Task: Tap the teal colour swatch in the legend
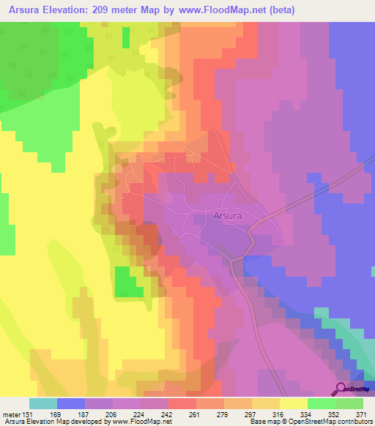coord(43,403)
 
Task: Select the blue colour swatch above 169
coord(71,403)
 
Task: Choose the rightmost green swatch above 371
coord(349,403)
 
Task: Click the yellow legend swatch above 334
coord(294,403)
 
